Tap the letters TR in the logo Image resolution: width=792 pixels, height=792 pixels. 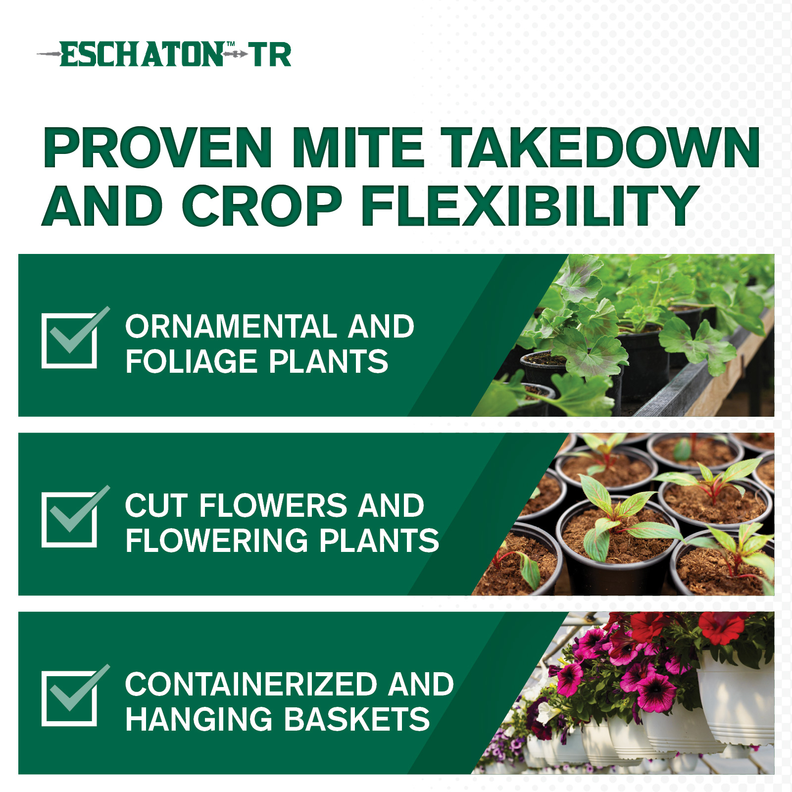[x=270, y=54]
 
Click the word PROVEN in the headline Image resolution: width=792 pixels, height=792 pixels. [x=158, y=148]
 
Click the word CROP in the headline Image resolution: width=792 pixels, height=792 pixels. [x=262, y=205]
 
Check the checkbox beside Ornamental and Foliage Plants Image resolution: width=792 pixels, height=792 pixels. [x=69, y=341]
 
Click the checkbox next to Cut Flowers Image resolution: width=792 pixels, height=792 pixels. [x=69, y=519]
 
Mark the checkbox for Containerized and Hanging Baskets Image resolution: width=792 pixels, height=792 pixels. [x=69, y=698]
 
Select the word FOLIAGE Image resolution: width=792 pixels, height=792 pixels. [x=191, y=361]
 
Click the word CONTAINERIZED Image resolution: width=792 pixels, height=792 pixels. [x=251, y=684]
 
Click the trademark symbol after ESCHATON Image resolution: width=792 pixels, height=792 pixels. [x=231, y=45]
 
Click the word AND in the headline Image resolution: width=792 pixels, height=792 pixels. [x=102, y=205]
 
